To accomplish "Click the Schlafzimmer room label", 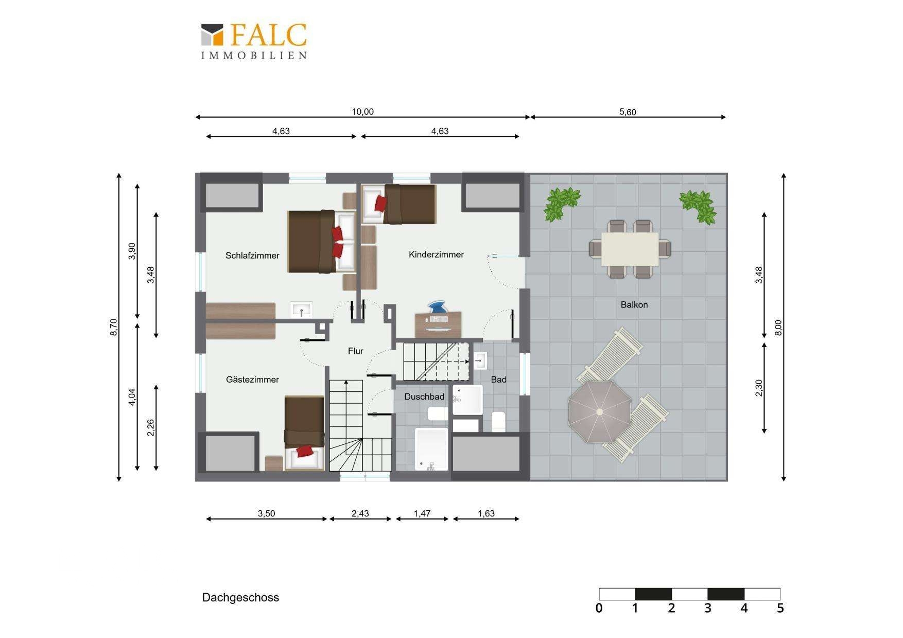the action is pos(252,255).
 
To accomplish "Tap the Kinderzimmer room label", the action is pos(436,254).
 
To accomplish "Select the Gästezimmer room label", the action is pos(252,380).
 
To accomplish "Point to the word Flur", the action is pos(356,351).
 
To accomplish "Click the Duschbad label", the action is pos(424,396).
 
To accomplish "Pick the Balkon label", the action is pos(634,305).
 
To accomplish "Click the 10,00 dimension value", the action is pos(362,112).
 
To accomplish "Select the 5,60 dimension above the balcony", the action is pos(628,112).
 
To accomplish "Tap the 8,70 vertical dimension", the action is pos(114,327).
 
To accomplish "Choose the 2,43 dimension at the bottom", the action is pos(360,513).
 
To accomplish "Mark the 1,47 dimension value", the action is pos(422,513).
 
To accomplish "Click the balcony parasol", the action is pos(600,411).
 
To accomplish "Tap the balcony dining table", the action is pos(630,249).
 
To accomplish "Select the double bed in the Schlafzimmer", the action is pos(321,242).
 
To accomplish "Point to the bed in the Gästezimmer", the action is pos(304,433).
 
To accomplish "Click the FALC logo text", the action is pos(268,35).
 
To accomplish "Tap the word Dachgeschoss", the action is pos(240,597).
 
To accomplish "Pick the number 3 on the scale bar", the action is pos(708,608).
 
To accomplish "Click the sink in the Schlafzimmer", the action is pos(301,310).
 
